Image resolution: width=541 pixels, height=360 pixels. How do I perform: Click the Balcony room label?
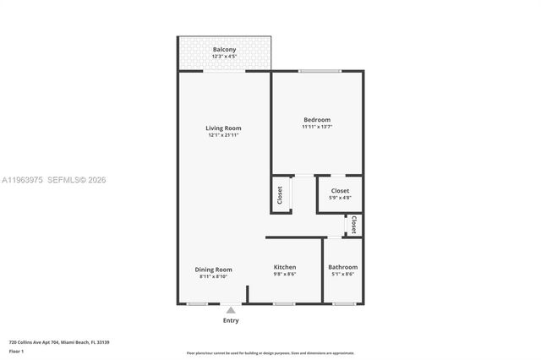(x=224, y=50)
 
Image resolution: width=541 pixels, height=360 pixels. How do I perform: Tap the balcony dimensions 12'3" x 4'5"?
(x=224, y=57)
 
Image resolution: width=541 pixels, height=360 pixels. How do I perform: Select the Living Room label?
(x=223, y=128)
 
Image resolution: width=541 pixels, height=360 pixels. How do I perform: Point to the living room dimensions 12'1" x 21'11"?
(x=223, y=136)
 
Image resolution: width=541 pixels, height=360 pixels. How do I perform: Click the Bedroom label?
(x=317, y=119)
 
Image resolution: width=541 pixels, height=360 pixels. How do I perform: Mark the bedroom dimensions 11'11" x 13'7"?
(x=317, y=127)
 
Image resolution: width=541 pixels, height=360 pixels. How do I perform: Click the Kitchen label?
(x=284, y=267)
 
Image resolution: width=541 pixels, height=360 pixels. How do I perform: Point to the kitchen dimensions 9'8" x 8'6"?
(x=284, y=275)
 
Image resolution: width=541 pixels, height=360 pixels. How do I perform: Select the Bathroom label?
(x=342, y=267)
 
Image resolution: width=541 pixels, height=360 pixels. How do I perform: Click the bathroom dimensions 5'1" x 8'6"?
(x=342, y=275)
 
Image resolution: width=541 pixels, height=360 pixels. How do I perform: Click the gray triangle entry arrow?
(x=231, y=310)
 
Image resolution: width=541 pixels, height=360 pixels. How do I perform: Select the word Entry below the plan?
(x=231, y=320)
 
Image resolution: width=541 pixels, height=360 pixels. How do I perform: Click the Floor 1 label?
(x=16, y=351)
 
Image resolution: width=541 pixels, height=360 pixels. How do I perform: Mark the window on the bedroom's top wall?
(x=314, y=71)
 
